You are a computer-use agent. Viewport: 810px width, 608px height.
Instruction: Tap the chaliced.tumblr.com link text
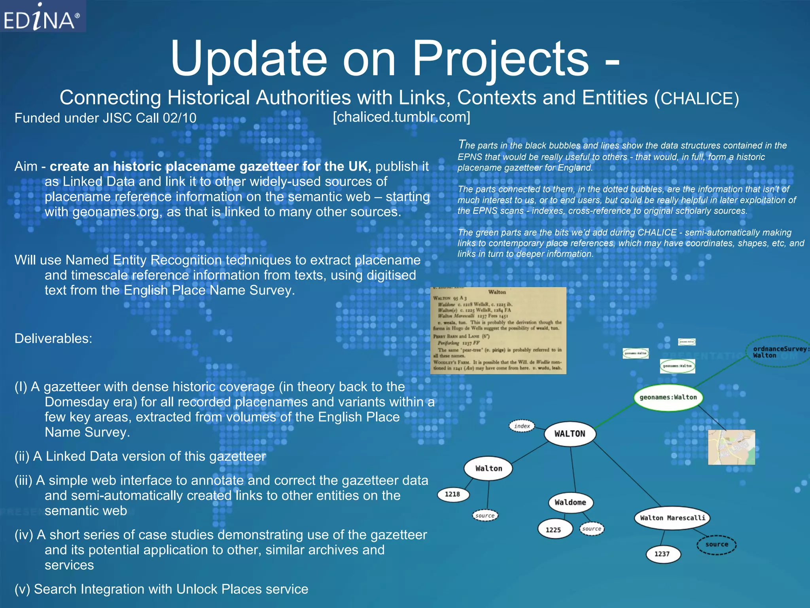(401, 117)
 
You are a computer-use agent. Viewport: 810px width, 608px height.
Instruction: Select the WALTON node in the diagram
(570, 434)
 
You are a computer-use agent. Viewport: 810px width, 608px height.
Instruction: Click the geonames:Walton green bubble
(668, 397)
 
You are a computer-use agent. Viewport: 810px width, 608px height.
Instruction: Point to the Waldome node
(570, 502)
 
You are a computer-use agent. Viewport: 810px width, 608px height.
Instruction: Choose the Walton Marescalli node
(672, 518)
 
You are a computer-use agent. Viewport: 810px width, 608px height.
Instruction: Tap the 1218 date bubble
(452, 494)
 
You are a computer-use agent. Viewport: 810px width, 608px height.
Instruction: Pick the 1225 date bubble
(553, 530)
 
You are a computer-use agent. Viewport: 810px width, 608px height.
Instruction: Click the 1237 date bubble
(662, 554)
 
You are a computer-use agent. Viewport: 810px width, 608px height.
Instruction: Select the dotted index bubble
(522, 426)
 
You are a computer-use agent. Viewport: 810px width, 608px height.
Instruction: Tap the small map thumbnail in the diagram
(731, 447)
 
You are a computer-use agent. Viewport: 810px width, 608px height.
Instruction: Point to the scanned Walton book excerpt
(498, 331)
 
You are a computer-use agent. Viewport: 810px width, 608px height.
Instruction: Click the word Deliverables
(53, 338)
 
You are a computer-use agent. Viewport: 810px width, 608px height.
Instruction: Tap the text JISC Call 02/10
(150, 118)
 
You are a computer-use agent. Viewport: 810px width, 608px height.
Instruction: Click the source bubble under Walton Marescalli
(716, 544)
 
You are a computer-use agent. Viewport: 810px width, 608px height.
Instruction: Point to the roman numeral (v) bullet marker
(22, 589)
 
